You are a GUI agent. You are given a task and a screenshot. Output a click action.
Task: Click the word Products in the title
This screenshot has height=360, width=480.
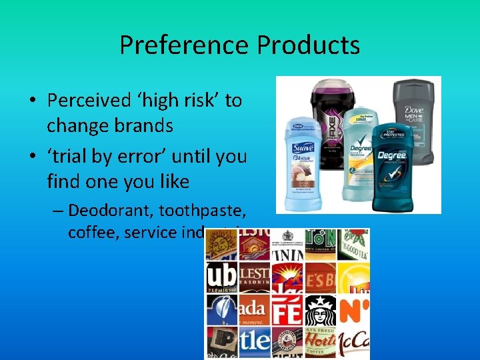tap(308, 45)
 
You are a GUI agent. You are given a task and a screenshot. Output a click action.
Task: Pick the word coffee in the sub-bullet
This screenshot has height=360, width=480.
tap(89, 233)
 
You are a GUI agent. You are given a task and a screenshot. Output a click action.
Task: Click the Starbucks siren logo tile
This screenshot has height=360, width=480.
tap(321, 311)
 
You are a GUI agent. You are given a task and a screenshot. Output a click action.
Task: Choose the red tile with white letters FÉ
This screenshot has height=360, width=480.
tap(287, 310)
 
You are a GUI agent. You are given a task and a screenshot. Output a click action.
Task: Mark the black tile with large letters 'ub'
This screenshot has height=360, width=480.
tap(221, 277)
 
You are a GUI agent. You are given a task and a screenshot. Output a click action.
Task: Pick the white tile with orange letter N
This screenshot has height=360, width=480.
tap(353, 310)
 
